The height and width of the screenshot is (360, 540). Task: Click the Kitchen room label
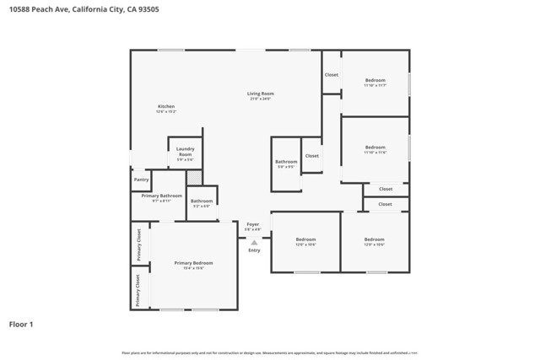(166, 106)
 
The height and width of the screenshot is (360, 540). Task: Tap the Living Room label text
(260, 94)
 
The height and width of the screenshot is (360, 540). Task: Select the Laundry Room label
(185, 152)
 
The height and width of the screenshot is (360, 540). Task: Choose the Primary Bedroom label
(193, 263)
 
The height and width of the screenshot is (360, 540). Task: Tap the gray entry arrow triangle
(254, 243)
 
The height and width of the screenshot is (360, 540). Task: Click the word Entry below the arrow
(254, 250)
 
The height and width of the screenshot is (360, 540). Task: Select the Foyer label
(252, 224)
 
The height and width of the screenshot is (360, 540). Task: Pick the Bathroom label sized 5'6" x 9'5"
(286, 161)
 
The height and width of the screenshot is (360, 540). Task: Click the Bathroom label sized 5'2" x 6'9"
(201, 201)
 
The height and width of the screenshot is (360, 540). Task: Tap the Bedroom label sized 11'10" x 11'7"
(375, 81)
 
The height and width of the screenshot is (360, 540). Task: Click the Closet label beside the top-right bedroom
(332, 75)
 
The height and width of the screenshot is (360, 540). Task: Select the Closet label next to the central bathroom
(312, 156)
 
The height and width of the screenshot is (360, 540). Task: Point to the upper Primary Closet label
(139, 245)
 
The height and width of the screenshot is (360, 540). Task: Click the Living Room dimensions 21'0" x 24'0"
(260, 99)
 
